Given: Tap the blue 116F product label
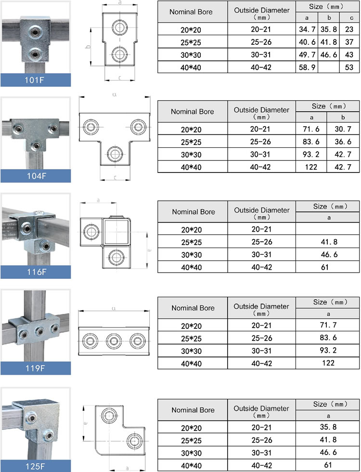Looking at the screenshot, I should [x=36, y=272].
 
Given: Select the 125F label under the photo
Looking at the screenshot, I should [x=36, y=466].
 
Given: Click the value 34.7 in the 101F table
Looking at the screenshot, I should [x=307, y=30].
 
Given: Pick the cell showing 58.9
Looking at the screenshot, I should [x=307, y=67].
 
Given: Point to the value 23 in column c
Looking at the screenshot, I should [x=349, y=30].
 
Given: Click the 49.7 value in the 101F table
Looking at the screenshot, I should [x=307, y=55].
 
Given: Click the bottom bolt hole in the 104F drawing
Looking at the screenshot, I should [x=115, y=154].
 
